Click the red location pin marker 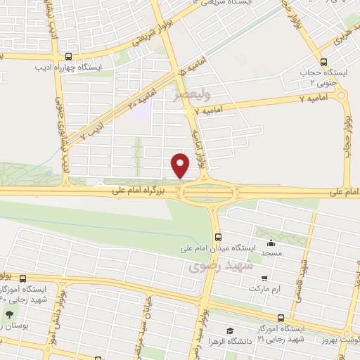point(181,165)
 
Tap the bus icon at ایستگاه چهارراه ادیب point(68,57)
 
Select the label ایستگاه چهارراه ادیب point(68,68)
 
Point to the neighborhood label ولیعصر point(192,92)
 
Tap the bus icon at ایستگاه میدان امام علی point(218,236)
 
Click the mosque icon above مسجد point(271,243)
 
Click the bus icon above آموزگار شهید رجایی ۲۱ point(281,318)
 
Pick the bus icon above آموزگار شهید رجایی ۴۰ point(23,278)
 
